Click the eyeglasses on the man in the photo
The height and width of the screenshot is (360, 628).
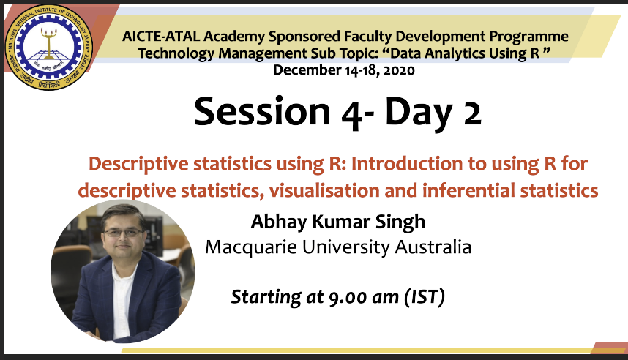pyautogui.click(x=122, y=233)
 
